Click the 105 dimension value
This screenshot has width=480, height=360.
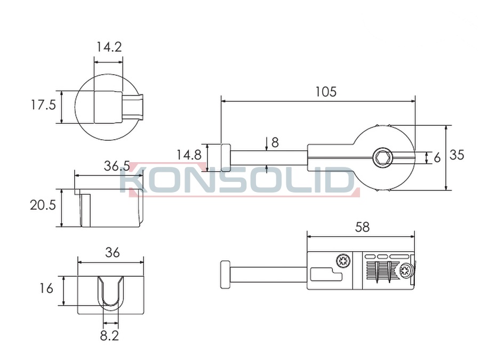(x=326, y=92)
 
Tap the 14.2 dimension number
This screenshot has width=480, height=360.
(x=109, y=47)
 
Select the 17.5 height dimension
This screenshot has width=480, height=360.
(x=43, y=105)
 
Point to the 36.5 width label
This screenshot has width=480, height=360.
(x=117, y=166)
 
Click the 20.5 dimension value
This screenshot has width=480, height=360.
(x=43, y=205)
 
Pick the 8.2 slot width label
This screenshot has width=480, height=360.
(x=109, y=336)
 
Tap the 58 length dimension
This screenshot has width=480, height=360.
(x=363, y=227)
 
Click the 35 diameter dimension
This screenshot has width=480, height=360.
(x=457, y=155)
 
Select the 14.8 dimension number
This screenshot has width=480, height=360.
(x=189, y=155)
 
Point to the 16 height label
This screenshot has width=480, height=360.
(x=46, y=289)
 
